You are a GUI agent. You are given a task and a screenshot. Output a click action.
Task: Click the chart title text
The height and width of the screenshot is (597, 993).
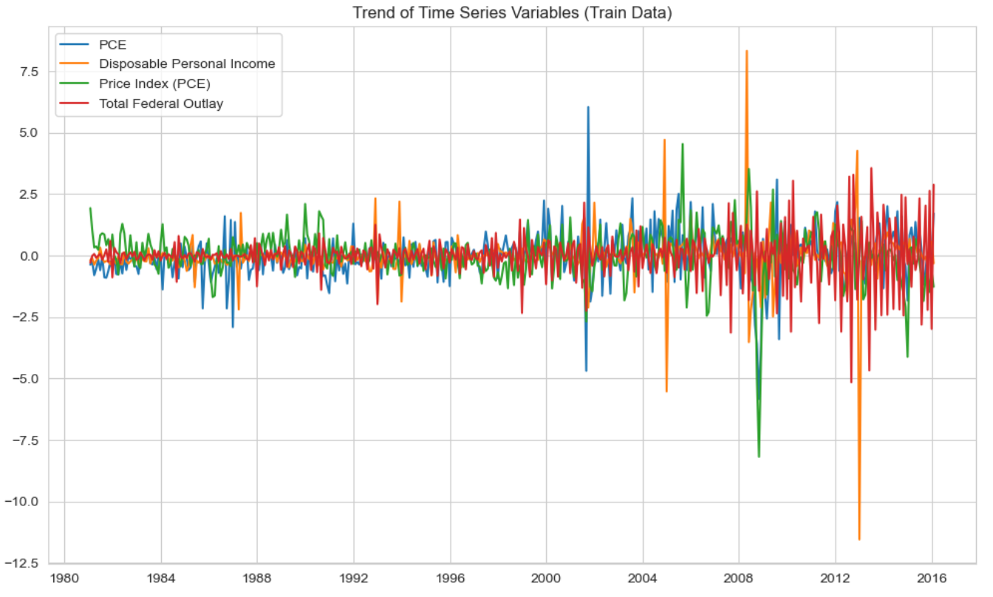pyautogui.click(x=512, y=13)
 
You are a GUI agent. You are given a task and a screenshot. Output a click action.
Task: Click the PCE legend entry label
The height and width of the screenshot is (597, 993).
pyautogui.click(x=112, y=45)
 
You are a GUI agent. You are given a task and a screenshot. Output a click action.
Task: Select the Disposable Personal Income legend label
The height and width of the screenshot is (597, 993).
pyautogui.click(x=187, y=64)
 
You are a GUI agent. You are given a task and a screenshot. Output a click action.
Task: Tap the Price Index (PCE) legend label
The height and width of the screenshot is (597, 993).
pyautogui.click(x=154, y=83)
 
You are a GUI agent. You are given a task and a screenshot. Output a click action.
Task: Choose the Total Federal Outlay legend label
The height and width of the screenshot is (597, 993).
pyautogui.click(x=161, y=103)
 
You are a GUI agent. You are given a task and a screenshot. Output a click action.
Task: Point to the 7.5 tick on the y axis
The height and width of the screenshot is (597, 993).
pyautogui.click(x=29, y=72)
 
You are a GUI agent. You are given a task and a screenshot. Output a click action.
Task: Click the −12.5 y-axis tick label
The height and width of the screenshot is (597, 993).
pyautogui.click(x=21, y=563)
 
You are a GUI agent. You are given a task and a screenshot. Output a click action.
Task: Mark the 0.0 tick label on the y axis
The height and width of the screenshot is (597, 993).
pyautogui.click(x=29, y=256)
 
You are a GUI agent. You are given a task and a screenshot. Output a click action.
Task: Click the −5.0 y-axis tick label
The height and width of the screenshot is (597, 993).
pyautogui.click(x=25, y=379)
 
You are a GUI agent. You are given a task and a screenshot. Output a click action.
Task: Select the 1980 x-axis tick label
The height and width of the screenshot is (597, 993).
pyautogui.click(x=65, y=579)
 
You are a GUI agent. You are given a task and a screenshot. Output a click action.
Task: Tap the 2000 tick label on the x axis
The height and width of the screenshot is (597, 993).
pyautogui.click(x=546, y=579)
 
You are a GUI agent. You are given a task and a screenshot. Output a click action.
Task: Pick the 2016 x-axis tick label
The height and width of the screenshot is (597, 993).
pyautogui.click(x=932, y=579)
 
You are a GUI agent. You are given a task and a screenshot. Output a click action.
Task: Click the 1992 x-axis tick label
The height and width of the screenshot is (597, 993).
pyautogui.click(x=354, y=579)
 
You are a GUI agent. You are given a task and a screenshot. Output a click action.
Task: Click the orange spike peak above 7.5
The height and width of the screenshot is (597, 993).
pyautogui.click(x=747, y=51)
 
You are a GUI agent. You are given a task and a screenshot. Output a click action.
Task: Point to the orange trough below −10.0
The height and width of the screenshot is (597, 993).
pyautogui.click(x=859, y=539)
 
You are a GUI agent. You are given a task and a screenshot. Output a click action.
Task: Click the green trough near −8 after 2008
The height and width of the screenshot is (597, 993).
pyautogui.click(x=759, y=457)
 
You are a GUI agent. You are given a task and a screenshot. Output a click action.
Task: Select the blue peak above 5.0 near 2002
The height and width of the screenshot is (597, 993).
pyautogui.click(x=588, y=107)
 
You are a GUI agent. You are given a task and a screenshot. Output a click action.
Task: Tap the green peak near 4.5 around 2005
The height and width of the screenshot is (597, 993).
pyautogui.click(x=683, y=143)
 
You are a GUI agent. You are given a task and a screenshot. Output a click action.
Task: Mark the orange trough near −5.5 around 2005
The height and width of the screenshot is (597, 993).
pyautogui.click(x=666, y=392)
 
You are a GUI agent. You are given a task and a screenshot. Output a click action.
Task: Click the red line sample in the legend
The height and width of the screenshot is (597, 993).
pyautogui.click(x=74, y=103)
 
